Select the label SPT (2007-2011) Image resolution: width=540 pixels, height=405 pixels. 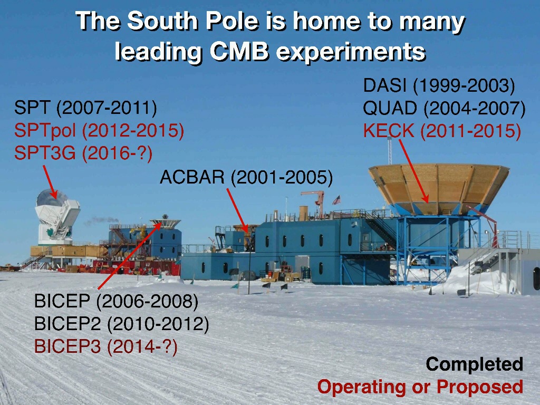[85, 108]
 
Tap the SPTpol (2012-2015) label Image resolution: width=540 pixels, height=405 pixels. [99, 131]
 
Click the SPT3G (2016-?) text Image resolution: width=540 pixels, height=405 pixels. [83, 153]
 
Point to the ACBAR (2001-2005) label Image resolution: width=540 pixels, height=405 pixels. [246, 177]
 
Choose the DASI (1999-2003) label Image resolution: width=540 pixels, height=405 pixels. [439, 86]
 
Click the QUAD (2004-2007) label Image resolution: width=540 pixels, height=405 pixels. [444, 109]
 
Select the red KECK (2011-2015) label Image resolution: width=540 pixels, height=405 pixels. [442, 131]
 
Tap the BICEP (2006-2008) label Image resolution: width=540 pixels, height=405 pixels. [117, 301]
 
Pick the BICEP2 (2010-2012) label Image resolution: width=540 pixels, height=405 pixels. [122, 324]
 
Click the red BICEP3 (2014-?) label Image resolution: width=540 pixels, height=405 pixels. [106, 346]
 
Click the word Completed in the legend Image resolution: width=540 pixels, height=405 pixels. [475, 364]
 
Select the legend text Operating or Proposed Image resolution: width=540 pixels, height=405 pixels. [420, 387]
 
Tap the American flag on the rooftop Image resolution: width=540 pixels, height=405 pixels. [336, 200]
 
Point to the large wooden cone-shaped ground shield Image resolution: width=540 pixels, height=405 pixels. [438, 189]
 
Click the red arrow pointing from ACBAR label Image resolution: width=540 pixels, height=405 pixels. [237, 210]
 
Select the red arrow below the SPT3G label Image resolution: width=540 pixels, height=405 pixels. [50, 182]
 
